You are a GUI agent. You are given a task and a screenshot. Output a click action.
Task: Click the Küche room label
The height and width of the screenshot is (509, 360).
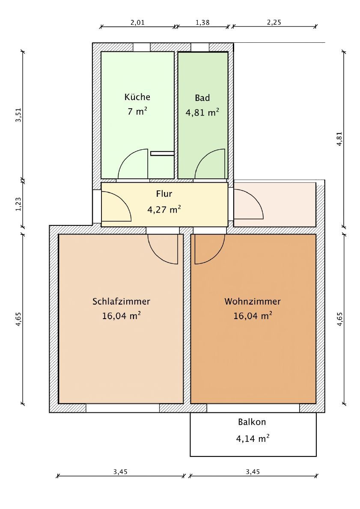pos(137,97)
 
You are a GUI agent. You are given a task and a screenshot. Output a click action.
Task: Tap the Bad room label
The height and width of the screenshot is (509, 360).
pos(202,98)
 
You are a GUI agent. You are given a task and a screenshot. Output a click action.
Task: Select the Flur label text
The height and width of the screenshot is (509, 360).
pos(164,194)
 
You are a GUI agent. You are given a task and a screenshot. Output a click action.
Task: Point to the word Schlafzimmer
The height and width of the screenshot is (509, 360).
pos(121,301)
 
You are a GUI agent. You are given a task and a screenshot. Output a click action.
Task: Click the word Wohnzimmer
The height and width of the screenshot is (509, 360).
pos(253,301)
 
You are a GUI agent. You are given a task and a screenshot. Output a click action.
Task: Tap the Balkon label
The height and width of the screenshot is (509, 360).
pos(252,422)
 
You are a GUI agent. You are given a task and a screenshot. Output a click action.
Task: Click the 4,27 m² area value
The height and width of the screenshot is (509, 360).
pos(164,210)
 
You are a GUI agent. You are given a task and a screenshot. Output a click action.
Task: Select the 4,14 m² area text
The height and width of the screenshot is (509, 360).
pos(253,439)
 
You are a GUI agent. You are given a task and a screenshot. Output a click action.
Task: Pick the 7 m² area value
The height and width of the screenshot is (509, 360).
pos(137,112)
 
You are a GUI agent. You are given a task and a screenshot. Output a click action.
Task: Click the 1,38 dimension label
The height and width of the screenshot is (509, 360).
pos(202,22)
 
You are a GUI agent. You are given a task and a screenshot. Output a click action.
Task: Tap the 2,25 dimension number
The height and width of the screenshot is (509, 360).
pos(274,22)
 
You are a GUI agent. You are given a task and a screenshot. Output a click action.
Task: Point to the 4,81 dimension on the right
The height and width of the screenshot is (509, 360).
pos(340,139)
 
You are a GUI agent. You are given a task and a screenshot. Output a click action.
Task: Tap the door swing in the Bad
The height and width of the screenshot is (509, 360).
pos(202,157)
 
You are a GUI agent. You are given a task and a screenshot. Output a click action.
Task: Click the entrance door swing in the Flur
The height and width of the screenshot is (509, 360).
pos(123,199)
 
